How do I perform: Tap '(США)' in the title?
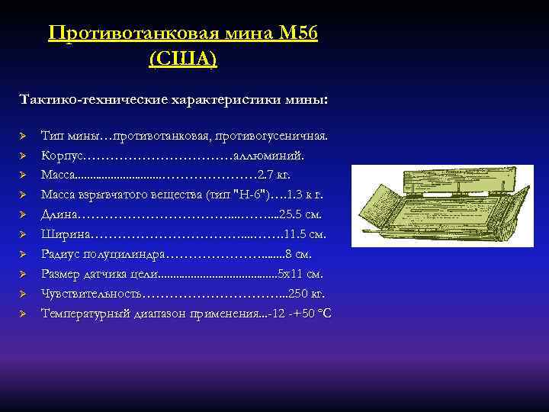click(x=183, y=59)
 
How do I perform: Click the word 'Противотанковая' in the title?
click(x=137, y=34)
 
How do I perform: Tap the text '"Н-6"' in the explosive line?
click(x=252, y=195)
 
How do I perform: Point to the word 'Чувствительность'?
click(x=91, y=294)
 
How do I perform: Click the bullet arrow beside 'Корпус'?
click(x=23, y=156)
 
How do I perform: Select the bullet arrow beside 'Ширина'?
click(x=23, y=234)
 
